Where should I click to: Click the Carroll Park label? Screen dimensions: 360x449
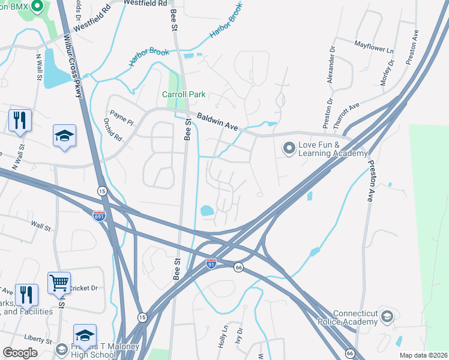coord(184,94)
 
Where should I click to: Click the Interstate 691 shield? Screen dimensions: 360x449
coord(100,215)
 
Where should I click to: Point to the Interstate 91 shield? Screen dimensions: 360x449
coord(211,264)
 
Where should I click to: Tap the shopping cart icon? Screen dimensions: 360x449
coord(59,282)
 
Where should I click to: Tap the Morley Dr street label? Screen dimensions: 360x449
coord(388,72)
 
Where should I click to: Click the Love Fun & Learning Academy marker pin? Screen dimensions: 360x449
coord(289,147)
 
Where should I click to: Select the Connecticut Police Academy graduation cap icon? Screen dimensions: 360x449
coord(388,316)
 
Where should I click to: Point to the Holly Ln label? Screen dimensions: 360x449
coord(224,339)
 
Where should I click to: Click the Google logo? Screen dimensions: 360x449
coord(20,353)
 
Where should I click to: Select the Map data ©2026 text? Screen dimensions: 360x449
coord(423,355)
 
